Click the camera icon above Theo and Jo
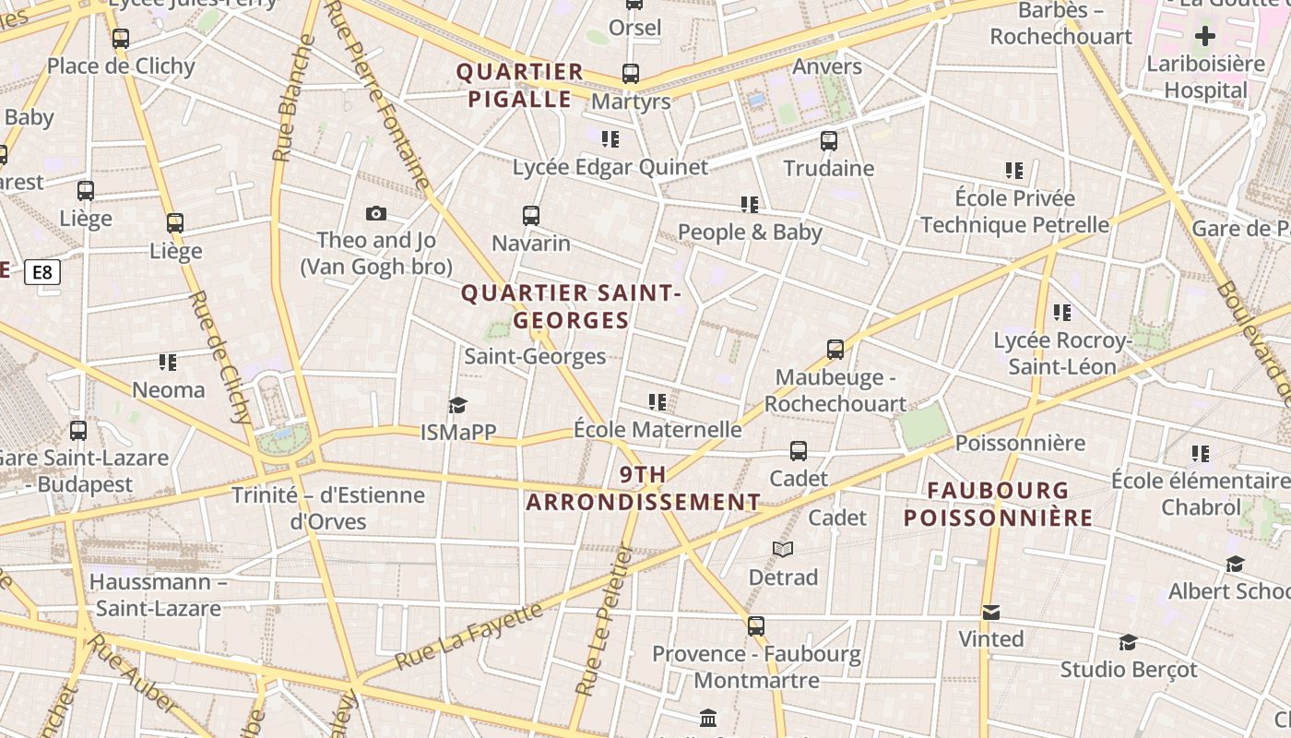(x=376, y=214)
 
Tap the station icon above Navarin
(x=531, y=216)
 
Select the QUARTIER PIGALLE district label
(x=520, y=86)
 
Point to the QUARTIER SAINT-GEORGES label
(x=571, y=307)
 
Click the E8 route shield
(x=42, y=272)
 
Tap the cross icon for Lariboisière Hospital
(x=1205, y=37)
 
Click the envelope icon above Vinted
(x=991, y=613)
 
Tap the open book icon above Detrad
(x=783, y=550)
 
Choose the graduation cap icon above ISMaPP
(x=457, y=406)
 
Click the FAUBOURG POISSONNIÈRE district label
(x=998, y=504)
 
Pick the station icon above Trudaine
(x=829, y=141)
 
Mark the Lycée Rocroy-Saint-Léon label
(x=1062, y=353)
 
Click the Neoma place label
(x=169, y=389)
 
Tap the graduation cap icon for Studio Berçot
(x=1128, y=642)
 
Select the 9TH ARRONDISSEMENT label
(x=643, y=489)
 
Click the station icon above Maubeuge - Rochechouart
(x=835, y=350)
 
